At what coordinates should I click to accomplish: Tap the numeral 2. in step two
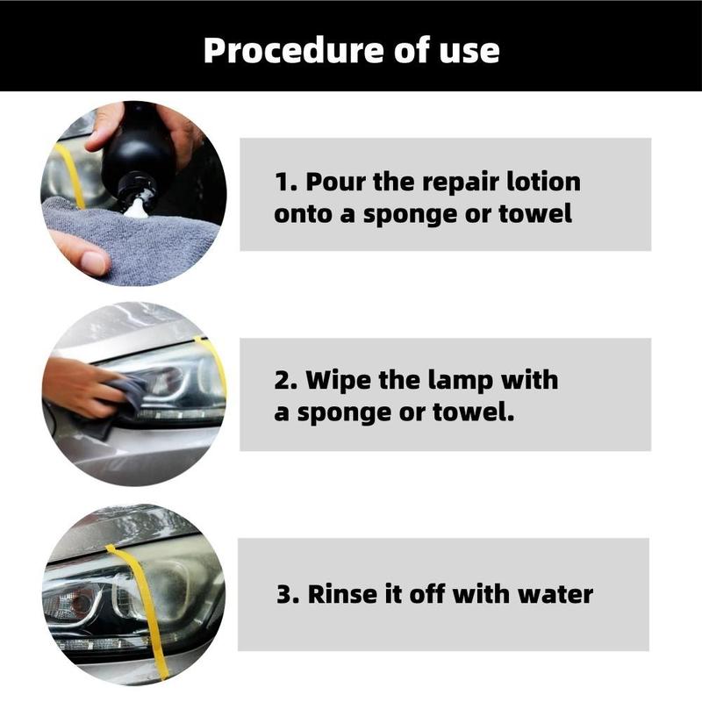click(x=286, y=381)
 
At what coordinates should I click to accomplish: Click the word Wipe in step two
click(x=339, y=380)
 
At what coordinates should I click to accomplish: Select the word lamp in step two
click(x=460, y=382)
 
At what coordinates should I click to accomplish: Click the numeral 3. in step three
click(x=289, y=595)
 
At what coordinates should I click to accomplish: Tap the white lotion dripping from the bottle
click(x=136, y=207)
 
